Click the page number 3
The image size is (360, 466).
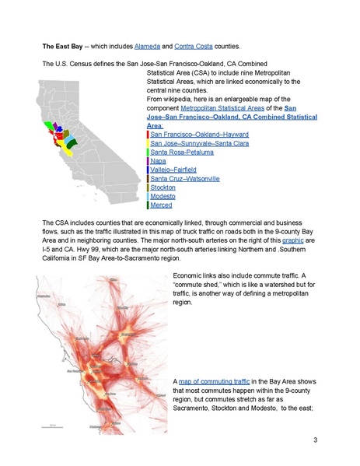315,441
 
